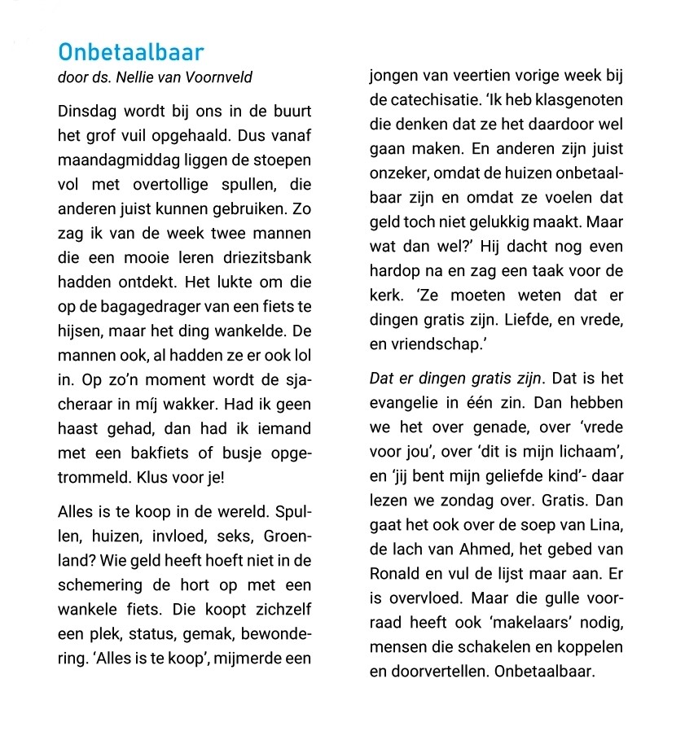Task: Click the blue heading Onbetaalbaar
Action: click(x=130, y=53)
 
